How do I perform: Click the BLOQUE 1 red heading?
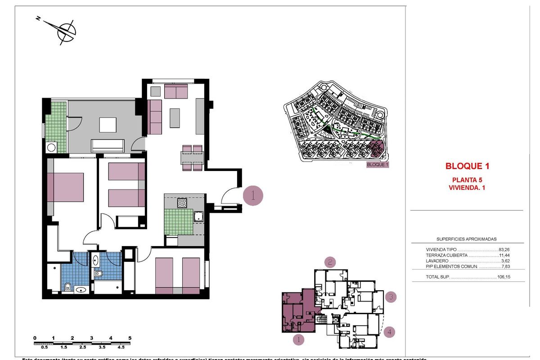tap(467, 166)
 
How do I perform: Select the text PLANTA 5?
tap(467, 180)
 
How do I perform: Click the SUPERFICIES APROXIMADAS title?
tap(467, 239)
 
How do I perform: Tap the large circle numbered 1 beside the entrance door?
tap(252, 196)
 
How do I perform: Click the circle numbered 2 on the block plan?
tap(330, 262)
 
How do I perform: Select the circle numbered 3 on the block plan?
tap(391, 297)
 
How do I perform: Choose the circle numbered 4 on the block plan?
tap(390, 333)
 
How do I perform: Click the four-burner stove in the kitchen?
tap(182, 203)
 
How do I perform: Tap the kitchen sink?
tap(198, 217)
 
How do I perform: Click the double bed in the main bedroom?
tap(67, 187)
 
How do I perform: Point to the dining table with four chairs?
tap(192, 158)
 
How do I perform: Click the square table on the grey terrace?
tap(108, 125)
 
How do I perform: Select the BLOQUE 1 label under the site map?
tap(378, 165)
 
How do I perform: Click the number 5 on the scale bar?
tap(130, 337)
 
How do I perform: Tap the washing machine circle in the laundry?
tap(51, 147)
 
